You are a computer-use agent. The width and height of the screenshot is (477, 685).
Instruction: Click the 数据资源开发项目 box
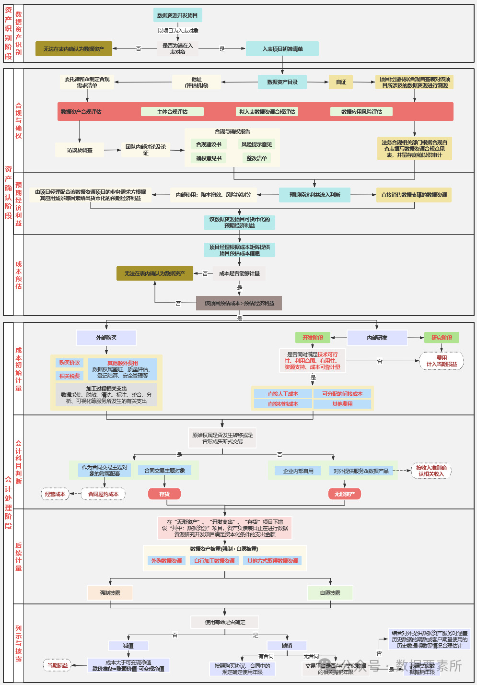177,15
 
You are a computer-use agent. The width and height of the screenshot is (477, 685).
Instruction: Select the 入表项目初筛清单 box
282,49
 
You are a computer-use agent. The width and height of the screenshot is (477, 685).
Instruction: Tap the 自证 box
341,82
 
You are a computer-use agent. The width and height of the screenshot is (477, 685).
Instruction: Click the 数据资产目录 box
282,82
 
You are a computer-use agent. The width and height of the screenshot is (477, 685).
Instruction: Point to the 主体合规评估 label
172,112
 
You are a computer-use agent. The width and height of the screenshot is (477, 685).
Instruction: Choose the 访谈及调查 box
80,150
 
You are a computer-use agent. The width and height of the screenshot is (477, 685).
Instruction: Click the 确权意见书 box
209,158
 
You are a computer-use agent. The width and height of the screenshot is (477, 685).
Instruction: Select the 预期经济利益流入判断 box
314,195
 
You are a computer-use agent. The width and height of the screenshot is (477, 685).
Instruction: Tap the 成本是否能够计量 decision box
239,273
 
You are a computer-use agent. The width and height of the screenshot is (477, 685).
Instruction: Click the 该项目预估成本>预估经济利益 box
239,303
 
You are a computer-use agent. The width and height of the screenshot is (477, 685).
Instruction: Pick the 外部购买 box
106,338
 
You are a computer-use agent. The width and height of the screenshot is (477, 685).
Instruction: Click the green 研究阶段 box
442,338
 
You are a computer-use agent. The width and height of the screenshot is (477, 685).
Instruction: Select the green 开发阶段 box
313,338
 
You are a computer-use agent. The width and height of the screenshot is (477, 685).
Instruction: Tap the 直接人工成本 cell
283,394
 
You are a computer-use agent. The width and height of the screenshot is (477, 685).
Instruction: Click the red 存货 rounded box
164,494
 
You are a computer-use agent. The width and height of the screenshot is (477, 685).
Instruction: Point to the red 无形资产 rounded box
344,494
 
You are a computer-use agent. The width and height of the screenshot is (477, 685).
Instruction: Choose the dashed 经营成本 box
55,494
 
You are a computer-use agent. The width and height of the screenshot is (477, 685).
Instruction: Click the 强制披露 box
110,593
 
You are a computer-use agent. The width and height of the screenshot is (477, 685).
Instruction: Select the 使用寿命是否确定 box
225,622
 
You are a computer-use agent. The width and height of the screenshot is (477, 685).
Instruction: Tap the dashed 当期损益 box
58,665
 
